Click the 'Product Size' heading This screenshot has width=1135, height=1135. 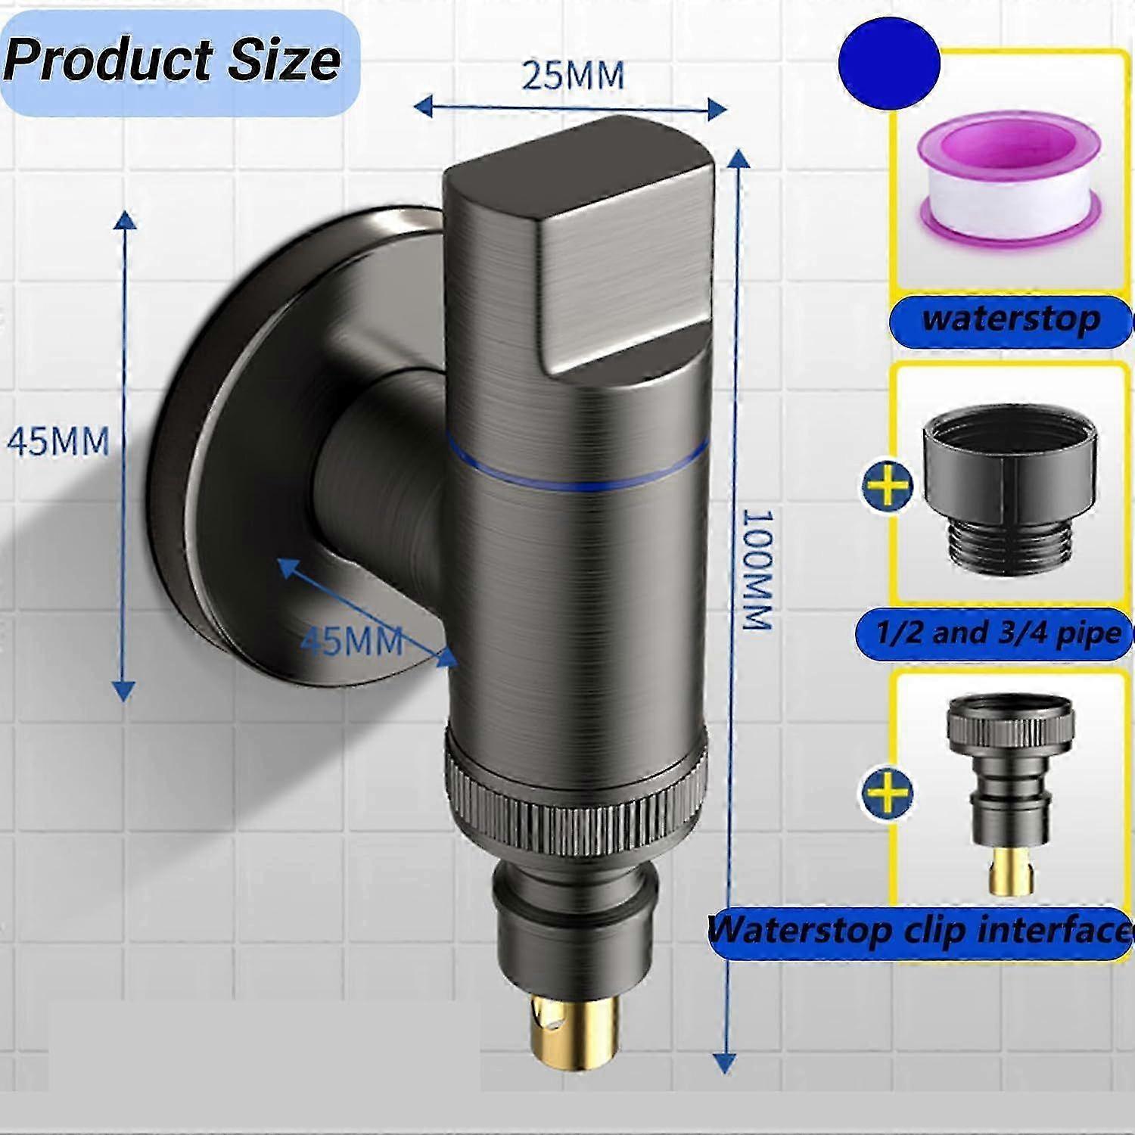[173, 61]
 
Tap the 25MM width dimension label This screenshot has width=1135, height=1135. [573, 76]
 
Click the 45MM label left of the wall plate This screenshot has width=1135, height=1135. [58, 441]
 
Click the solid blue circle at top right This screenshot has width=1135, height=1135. [889, 65]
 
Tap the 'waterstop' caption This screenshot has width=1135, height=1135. [1010, 319]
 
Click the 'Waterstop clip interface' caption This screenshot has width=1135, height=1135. [919, 931]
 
